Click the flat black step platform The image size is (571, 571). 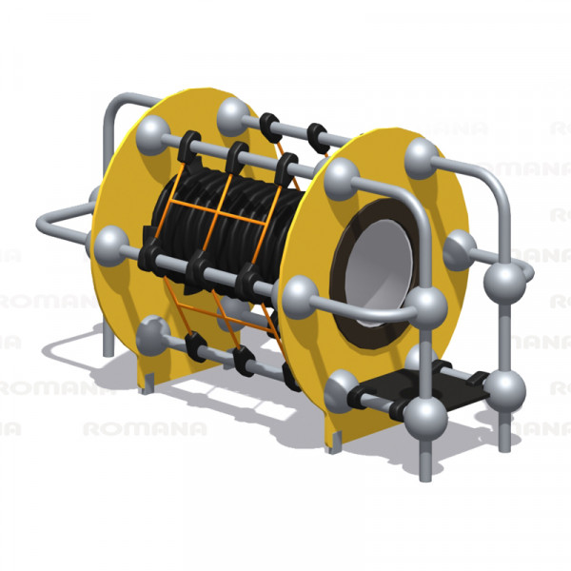437,385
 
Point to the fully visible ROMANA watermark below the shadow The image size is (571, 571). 145,429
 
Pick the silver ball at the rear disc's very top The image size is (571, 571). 233,112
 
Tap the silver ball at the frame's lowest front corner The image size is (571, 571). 425,419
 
